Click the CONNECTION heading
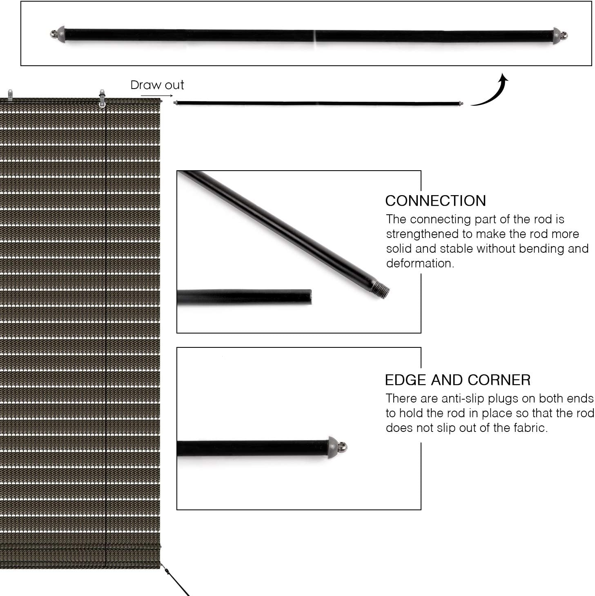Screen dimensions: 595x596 [x=435, y=201]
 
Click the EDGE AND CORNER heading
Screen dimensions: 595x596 [x=457, y=380]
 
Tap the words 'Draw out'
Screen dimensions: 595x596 [x=157, y=85]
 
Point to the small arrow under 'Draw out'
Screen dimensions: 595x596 [x=157, y=96]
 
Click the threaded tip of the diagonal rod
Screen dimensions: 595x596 [x=381, y=289]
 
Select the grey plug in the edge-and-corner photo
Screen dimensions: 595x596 [x=334, y=447]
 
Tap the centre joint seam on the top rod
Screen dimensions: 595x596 [x=315, y=36]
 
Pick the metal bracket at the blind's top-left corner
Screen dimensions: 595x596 [x=10, y=95]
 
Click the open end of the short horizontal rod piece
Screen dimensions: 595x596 [x=310, y=297]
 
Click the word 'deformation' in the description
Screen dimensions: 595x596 [x=419, y=263]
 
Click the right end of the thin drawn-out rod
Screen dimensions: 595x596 [x=460, y=104]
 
